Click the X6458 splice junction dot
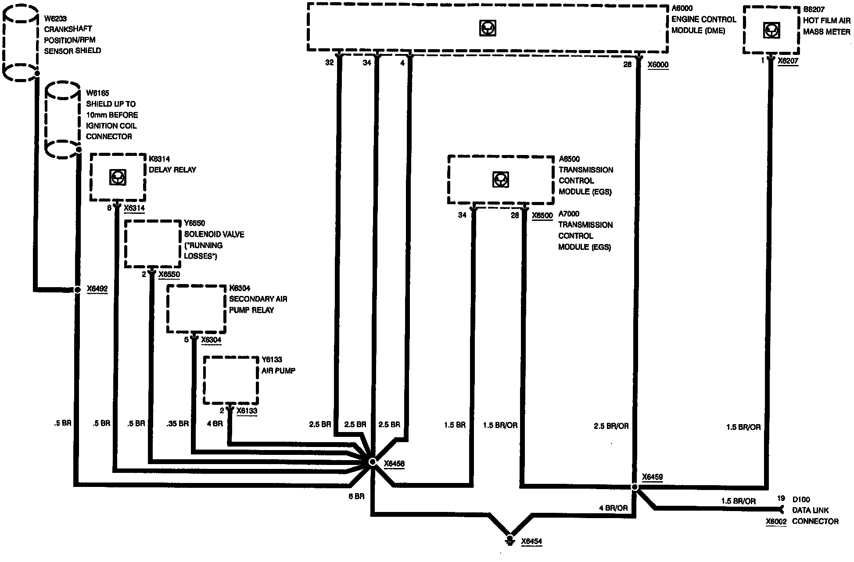[372, 462]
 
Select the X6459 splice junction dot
[634, 487]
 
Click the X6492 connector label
[97, 289]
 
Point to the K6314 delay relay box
[118, 177]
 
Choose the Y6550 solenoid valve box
[152, 244]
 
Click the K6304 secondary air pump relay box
[196, 309]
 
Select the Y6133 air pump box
[230, 380]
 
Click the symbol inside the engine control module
[487, 29]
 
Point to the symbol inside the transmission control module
[500, 180]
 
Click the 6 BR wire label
[356, 497]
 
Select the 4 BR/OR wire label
[613, 508]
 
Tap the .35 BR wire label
[177, 424]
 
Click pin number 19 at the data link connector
[781, 499]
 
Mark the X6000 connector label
[658, 65]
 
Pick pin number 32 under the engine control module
[329, 63]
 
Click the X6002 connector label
[776, 522]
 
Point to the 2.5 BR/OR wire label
[611, 426]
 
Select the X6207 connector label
[788, 61]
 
